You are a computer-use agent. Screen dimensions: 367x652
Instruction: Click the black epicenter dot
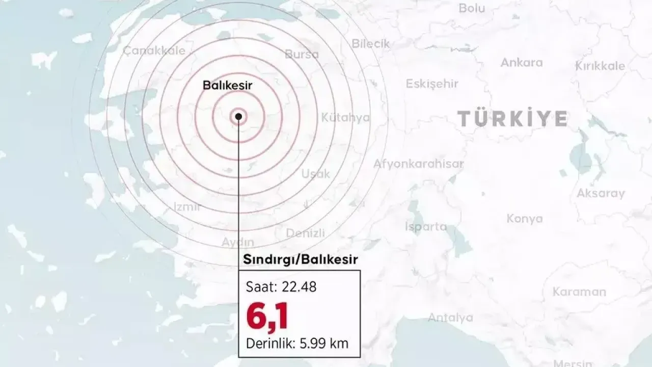pos(238,117)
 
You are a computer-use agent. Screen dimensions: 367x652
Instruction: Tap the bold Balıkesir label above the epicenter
pos(228,85)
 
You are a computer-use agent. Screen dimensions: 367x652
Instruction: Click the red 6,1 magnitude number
pos(267,316)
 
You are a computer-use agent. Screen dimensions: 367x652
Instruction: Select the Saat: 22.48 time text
pos(281,287)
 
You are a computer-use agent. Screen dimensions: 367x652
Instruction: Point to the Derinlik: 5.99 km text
pos(297,343)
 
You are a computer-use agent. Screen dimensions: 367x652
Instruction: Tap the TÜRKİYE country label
pos(512,119)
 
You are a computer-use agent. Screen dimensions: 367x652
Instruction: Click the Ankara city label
pos(522,63)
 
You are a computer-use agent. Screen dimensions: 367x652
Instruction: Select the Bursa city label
pos(302,54)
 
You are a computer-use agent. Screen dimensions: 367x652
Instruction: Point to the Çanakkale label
pos(154,50)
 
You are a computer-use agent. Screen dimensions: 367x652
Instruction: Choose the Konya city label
pos(525,219)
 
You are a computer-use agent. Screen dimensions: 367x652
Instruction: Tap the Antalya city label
pos(450,318)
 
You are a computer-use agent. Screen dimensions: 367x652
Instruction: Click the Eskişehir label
pos(432,84)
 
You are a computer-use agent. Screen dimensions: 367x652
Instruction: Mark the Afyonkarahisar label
pos(419,164)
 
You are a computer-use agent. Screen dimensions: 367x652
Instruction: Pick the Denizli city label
pos(305,233)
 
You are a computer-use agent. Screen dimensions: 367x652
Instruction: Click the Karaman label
pos(579,292)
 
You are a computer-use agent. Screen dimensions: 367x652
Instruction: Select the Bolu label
pos(472,8)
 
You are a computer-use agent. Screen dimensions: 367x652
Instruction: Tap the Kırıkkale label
pos(600,66)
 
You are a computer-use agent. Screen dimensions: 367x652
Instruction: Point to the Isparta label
pos(426,227)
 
